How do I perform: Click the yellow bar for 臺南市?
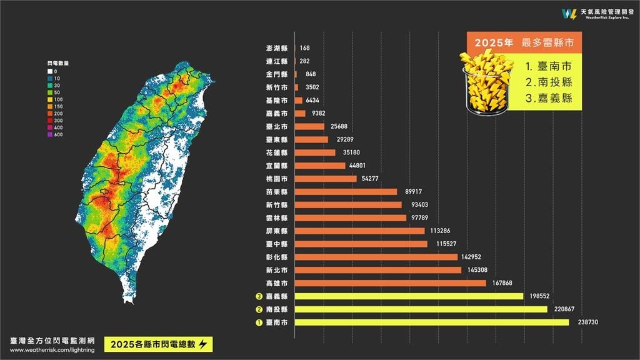click(x=431, y=322)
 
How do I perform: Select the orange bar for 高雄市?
click(x=390, y=283)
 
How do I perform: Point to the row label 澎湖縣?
click(x=276, y=47)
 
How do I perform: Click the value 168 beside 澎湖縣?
click(x=304, y=47)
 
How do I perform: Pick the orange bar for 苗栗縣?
click(x=346, y=192)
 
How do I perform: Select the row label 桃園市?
click(x=276, y=179)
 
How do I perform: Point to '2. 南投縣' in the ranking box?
click(x=548, y=82)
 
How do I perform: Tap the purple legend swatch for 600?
click(x=50, y=134)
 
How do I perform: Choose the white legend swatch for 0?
click(x=50, y=72)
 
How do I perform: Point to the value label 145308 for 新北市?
click(x=478, y=270)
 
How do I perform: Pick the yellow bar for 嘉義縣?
click(x=409, y=296)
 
